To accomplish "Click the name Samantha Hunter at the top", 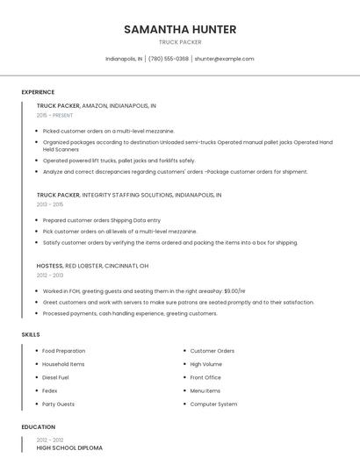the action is [x=180, y=29].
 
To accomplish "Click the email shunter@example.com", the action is [x=224, y=59].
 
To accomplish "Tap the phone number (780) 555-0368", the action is [x=169, y=59].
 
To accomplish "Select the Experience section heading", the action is [x=38, y=92].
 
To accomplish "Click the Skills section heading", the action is [x=31, y=334].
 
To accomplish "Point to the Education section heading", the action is [x=38, y=427].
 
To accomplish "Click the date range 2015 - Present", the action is [x=54, y=115].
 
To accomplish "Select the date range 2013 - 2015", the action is [x=50, y=204].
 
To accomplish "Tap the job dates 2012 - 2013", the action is [x=50, y=275].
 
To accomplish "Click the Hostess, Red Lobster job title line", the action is [x=92, y=266].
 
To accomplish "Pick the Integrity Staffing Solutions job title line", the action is [x=129, y=195].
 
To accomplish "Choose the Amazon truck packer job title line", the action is [x=96, y=105].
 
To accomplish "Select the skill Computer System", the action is [x=213, y=404].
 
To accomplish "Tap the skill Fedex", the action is [x=50, y=390].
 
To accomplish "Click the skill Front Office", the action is [x=205, y=377].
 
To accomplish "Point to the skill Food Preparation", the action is [x=63, y=351].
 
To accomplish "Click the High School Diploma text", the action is [x=69, y=448].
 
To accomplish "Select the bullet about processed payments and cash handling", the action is [x=129, y=313].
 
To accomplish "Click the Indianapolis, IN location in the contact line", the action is [x=124, y=59].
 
